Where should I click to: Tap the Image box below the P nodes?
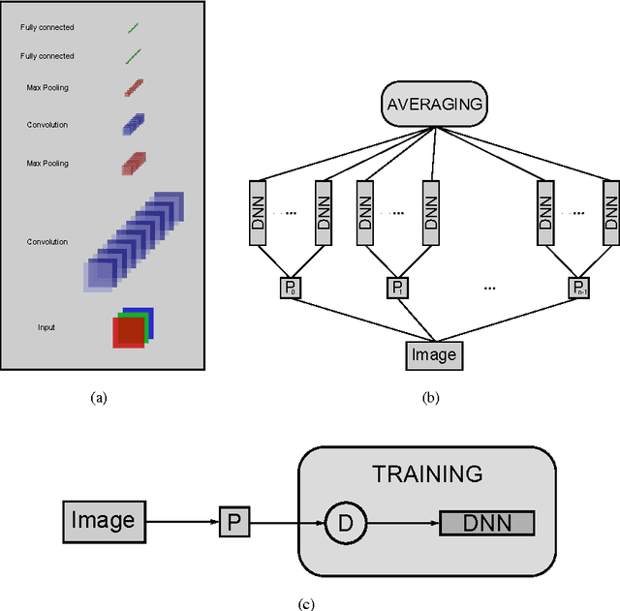(x=433, y=354)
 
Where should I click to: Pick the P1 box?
(x=397, y=288)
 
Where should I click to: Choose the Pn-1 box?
(x=578, y=288)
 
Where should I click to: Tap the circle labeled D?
(x=345, y=524)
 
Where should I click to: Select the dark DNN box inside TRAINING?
(x=486, y=524)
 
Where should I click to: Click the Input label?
(x=46, y=327)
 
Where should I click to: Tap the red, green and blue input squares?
(x=132, y=328)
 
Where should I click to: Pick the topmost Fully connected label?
(x=46, y=27)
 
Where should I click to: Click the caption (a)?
(x=97, y=397)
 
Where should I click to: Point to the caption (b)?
(x=431, y=397)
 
